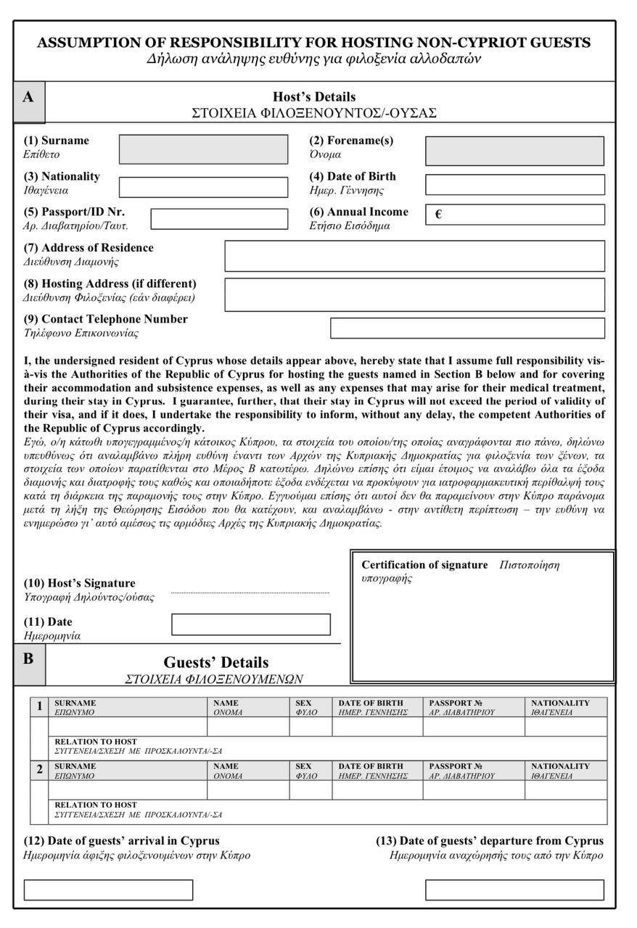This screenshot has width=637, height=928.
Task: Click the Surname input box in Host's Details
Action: pyautogui.click(x=203, y=149)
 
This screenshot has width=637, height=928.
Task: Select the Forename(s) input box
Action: pyautogui.click(x=514, y=151)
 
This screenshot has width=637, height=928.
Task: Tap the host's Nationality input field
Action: pyautogui.click(x=203, y=187)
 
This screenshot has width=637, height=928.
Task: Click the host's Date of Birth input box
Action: pyautogui.click(x=514, y=185)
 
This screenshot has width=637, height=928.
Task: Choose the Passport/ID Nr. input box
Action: pyautogui.click(x=219, y=218)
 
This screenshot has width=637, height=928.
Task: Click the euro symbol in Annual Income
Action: pyautogui.click(x=438, y=215)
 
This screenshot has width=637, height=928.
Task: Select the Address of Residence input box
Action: pyautogui.click(x=414, y=256)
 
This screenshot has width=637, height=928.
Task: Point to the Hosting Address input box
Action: pyautogui.click(x=414, y=294)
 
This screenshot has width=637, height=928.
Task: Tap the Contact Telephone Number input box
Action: pyautogui.click(x=467, y=328)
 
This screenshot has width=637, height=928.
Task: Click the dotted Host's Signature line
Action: pyautogui.click(x=250, y=593)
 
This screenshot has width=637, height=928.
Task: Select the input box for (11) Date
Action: pyautogui.click(x=250, y=624)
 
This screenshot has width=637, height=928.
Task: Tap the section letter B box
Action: pyautogui.click(x=29, y=660)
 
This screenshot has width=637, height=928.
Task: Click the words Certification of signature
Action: pyautogui.click(x=424, y=565)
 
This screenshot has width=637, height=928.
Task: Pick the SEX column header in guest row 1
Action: pyautogui.click(x=303, y=703)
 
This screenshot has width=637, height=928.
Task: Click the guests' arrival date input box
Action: pyautogui.click(x=108, y=890)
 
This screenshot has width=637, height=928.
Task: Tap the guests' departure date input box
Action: pyautogui.click(x=514, y=890)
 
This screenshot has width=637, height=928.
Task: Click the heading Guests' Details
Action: pyautogui.click(x=215, y=663)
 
